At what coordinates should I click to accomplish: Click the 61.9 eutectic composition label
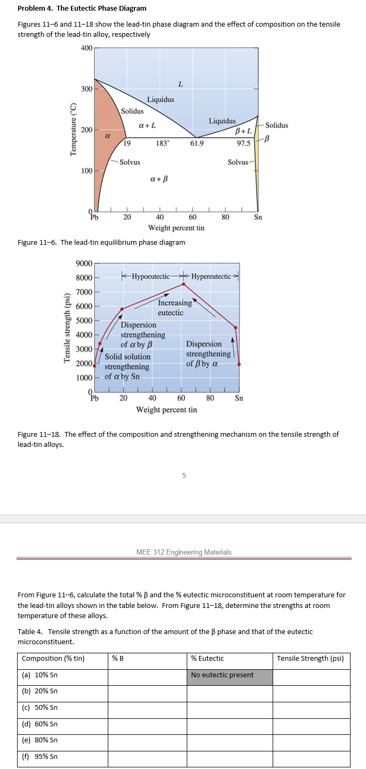coord(197,143)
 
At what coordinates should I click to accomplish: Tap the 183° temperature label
coord(163,143)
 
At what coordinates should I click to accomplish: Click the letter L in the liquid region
coord(180,84)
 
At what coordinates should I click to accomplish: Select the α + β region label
coord(159,178)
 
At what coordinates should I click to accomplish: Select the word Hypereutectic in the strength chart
coord(211,276)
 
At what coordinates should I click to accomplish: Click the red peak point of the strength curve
coord(184,284)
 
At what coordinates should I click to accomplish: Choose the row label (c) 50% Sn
coord(40,708)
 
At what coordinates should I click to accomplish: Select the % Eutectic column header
coord(208,658)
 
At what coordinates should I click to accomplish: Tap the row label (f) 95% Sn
coord(40,756)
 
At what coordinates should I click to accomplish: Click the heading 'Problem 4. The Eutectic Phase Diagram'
coord(82,9)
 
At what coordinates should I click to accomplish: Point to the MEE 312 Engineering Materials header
coord(184,552)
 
